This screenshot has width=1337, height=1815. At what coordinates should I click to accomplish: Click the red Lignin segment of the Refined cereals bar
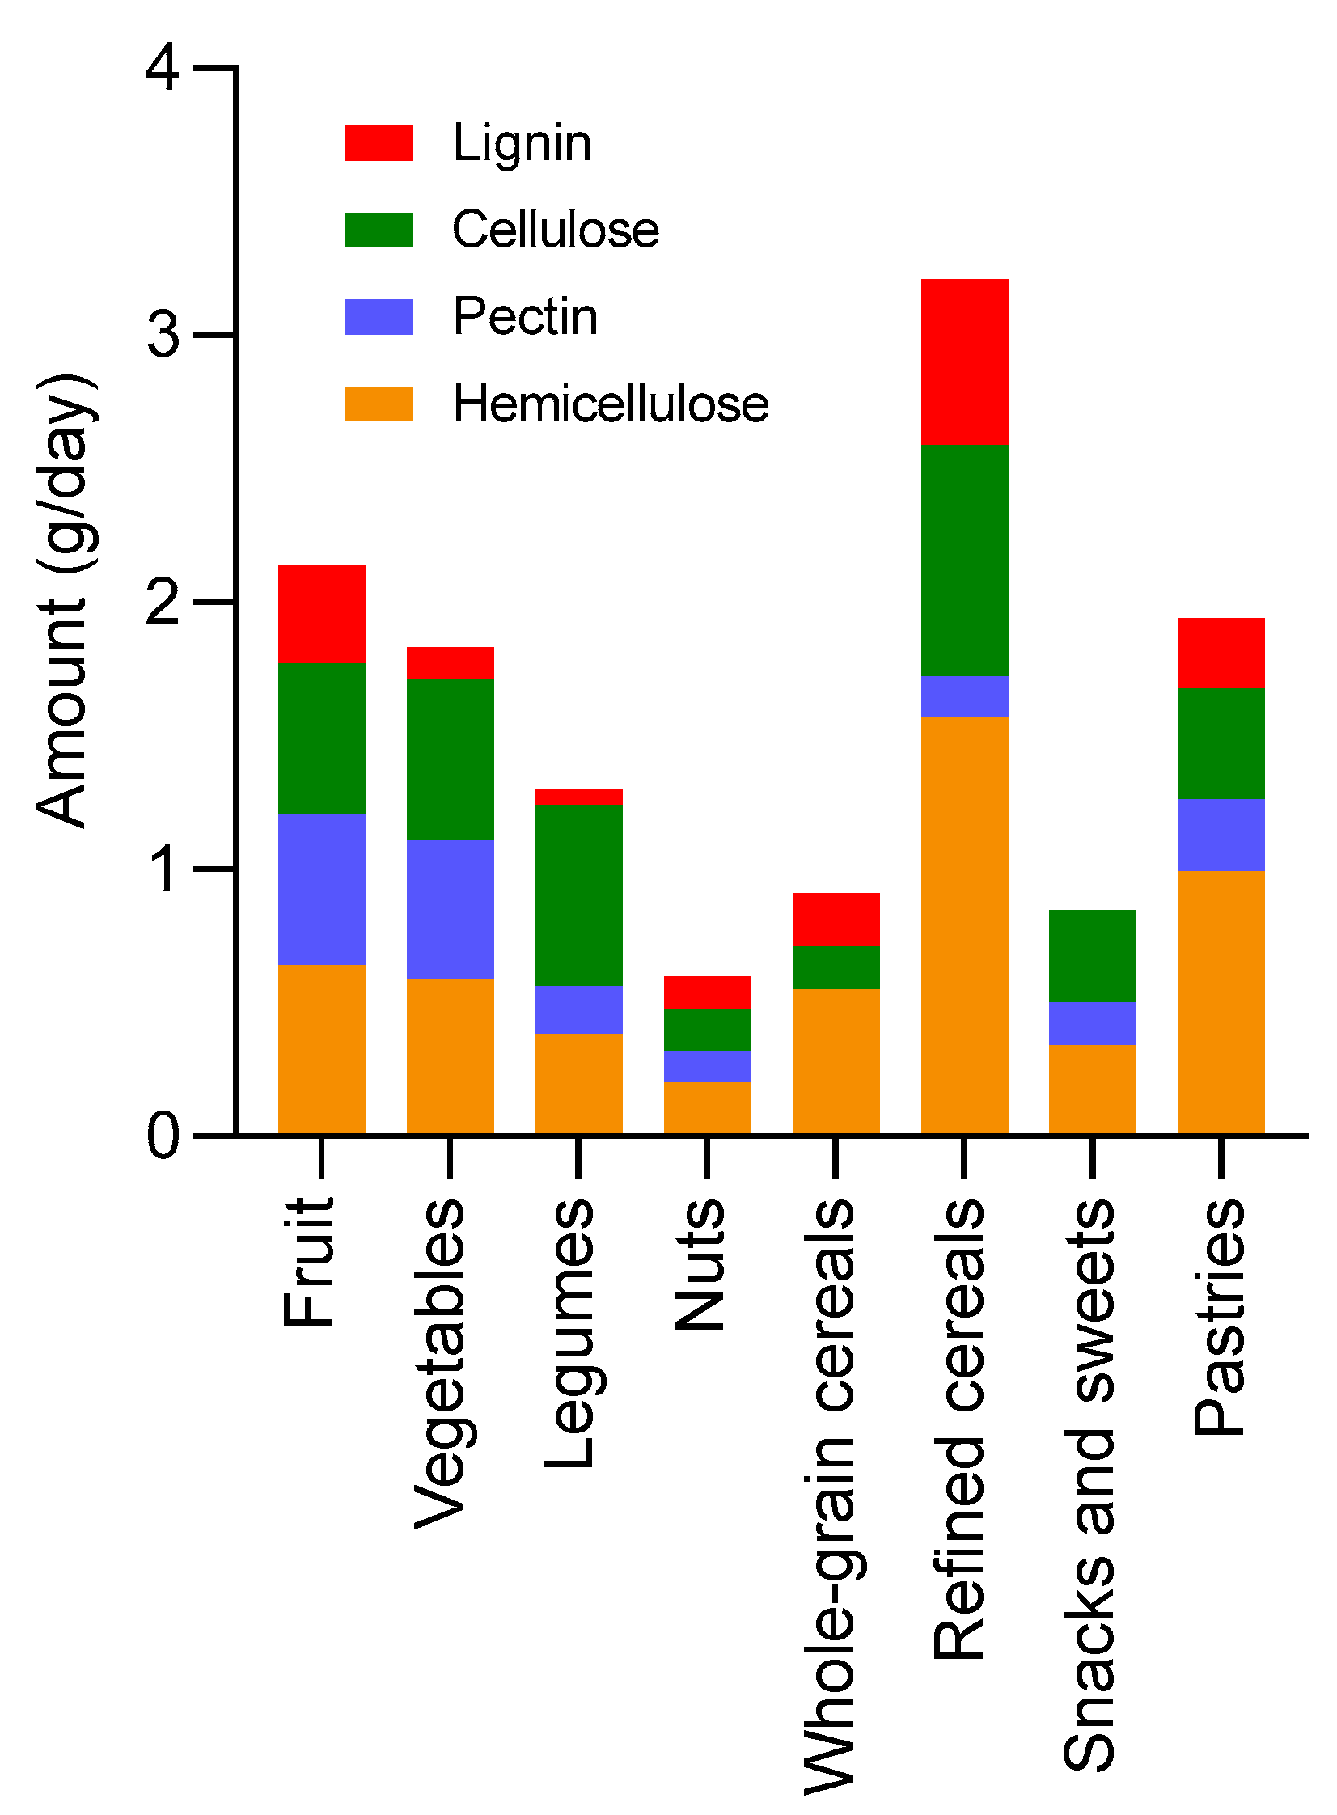pyautogui.click(x=964, y=362)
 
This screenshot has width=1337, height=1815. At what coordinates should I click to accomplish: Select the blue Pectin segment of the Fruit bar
pyautogui.click(x=321, y=888)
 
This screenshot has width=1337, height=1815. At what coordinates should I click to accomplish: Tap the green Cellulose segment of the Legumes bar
pyautogui.click(x=578, y=894)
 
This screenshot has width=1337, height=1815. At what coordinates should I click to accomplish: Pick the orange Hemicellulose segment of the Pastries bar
pyautogui.click(x=1221, y=1002)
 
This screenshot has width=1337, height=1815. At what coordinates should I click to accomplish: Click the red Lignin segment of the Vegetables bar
pyautogui.click(x=450, y=662)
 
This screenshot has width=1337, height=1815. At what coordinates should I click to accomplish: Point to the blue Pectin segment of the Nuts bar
pyautogui.click(x=708, y=1066)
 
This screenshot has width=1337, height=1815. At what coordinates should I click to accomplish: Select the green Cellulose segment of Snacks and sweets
pyautogui.click(x=1092, y=956)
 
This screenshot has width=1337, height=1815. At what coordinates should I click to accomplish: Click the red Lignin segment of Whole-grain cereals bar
pyautogui.click(x=836, y=920)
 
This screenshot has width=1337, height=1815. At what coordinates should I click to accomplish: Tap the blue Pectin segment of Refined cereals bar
pyautogui.click(x=964, y=696)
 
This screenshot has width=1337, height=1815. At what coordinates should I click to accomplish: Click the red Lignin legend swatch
pyautogui.click(x=379, y=143)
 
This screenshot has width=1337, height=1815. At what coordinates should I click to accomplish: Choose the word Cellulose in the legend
pyautogui.click(x=555, y=230)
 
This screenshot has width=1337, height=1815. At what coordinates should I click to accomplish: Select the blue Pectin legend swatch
pyautogui.click(x=379, y=317)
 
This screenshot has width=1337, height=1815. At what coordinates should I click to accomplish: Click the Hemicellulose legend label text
pyautogui.click(x=610, y=404)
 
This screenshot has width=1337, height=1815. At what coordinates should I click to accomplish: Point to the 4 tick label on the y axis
pyautogui.click(x=163, y=68)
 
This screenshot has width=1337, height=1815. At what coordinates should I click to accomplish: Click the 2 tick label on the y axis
pyautogui.click(x=163, y=603)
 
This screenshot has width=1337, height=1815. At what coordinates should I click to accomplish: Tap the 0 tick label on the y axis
pyautogui.click(x=163, y=1136)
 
